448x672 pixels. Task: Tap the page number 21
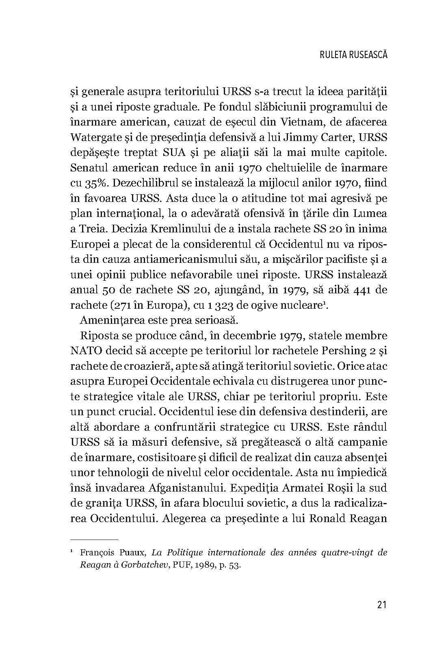coord(382,605)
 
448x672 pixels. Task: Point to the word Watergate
coord(96,137)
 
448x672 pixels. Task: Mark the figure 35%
coord(96,183)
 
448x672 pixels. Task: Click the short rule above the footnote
coord(94,540)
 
